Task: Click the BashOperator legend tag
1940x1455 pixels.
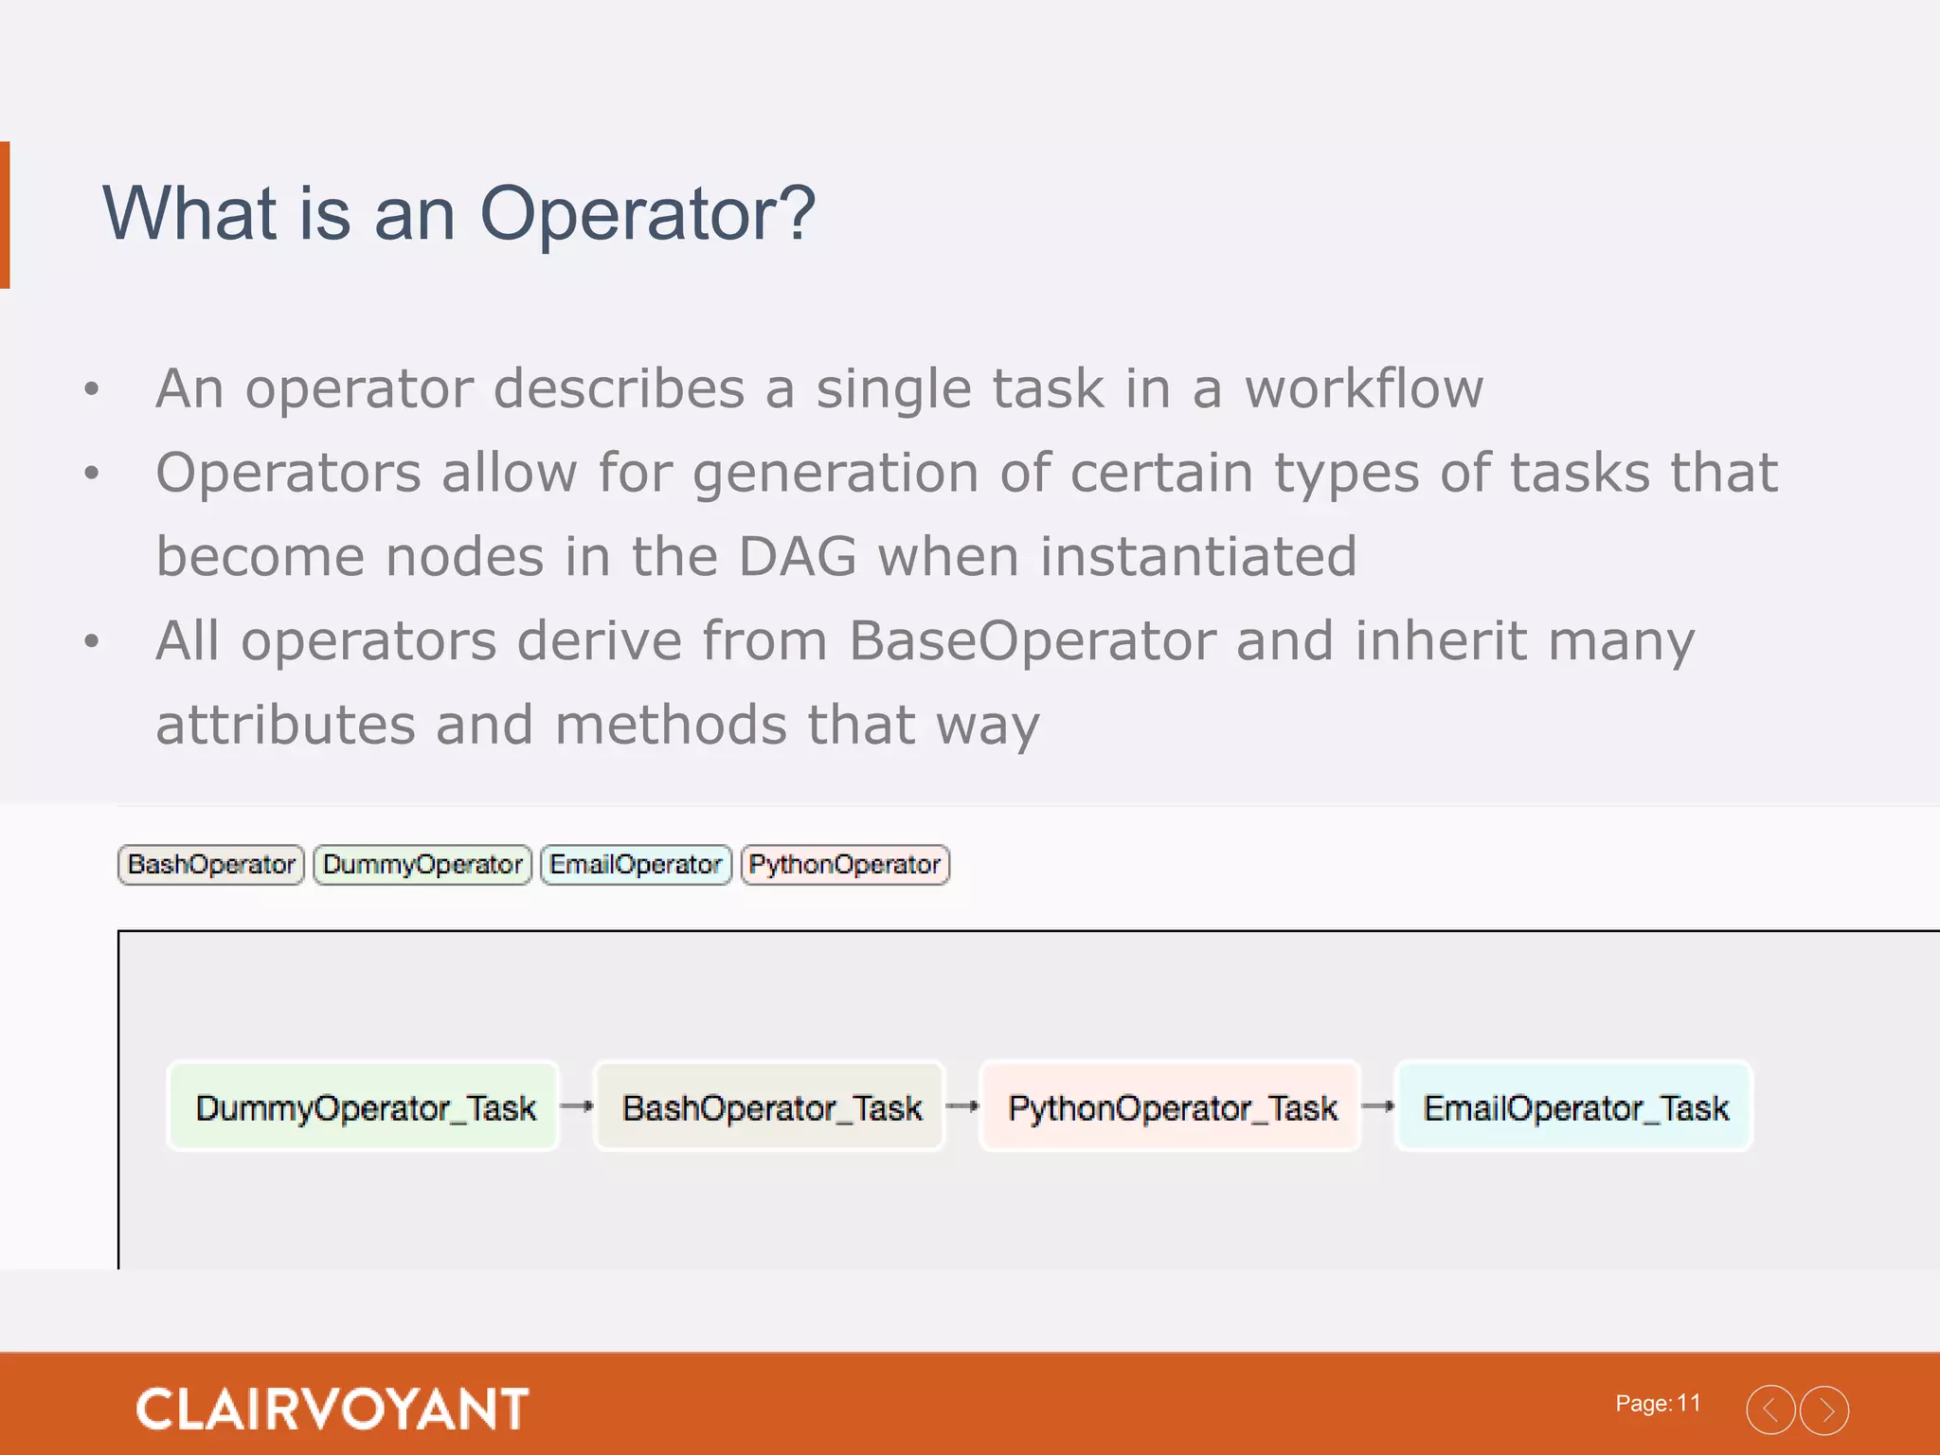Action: click(x=210, y=865)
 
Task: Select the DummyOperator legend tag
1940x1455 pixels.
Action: click(x=422, y=865)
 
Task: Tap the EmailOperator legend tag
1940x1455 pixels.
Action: click(x=636, y=865)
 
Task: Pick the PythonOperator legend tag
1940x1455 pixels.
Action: click(x=844, y=865)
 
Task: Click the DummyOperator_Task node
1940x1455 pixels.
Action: click(x=365, y=1106)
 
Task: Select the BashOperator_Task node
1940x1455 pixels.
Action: click(x=770, y=1106)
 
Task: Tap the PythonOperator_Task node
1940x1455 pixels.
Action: click(x=1172, y=1106)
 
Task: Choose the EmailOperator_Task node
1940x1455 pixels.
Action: click(x=1574, y=1106)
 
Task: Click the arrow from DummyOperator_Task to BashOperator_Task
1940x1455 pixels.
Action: click(x=577, y=1105)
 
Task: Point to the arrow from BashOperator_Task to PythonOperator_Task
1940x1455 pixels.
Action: click(x=962, y=1105)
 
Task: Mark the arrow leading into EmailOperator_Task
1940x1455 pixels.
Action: click(x=1378, y=1105)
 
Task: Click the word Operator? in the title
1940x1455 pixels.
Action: click(x=647, y=214)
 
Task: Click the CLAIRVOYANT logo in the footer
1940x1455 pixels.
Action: click(x=332, y=1409)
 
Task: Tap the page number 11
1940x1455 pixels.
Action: click(x=1688, y=1403)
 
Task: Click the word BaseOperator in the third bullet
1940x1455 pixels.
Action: click(x=1032, y=641)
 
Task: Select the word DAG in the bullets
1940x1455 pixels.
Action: click(x=797, y=557)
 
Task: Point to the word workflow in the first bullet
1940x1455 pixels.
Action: click(x=1363, y=389)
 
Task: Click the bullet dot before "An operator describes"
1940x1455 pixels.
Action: click(x=92, y=389)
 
